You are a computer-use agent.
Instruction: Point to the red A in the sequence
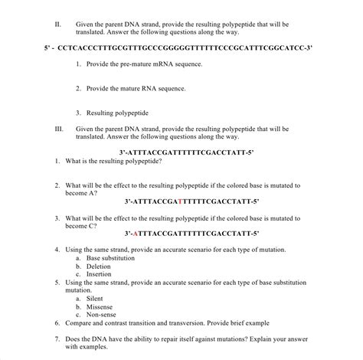(136, 233)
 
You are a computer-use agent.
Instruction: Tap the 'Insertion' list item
(102, 274)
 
